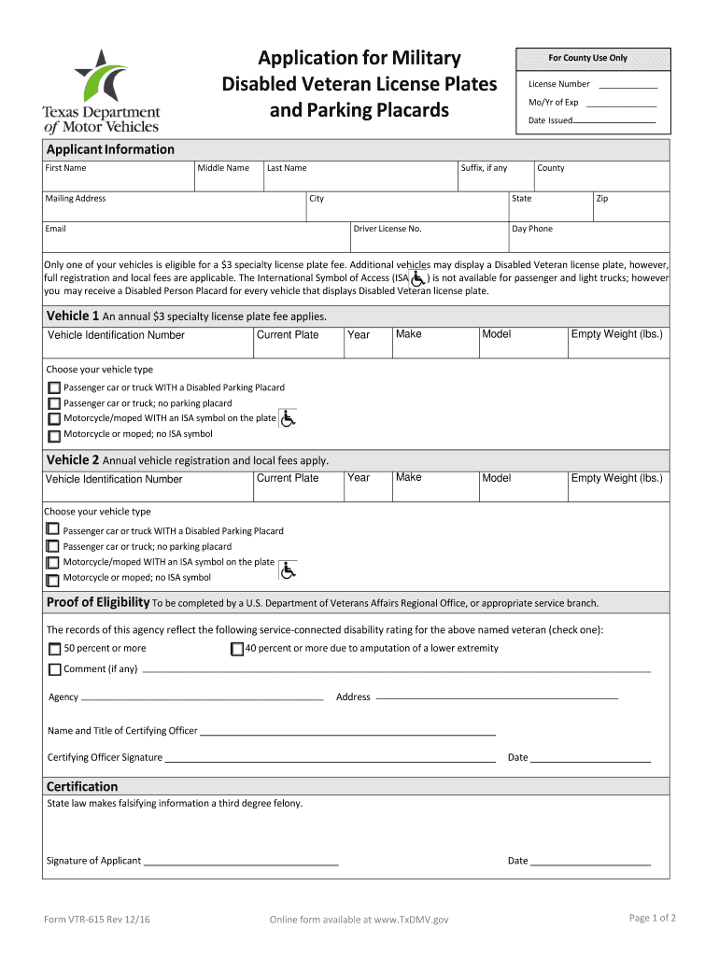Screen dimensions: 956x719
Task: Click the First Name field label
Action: click(x=65, y=168)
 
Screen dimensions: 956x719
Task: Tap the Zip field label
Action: click(x=602, y=198)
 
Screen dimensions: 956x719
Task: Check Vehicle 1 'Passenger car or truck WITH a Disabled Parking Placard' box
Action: click(x=54, y=388)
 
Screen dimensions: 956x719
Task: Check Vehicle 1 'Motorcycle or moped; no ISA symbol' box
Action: click(x=54, y=435)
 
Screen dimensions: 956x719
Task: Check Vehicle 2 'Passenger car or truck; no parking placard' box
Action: click(x=53, y=547)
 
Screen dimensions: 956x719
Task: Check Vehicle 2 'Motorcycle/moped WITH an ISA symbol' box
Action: click(x=53, y=563)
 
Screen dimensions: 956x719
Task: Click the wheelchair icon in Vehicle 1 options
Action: click(x=288, y=419)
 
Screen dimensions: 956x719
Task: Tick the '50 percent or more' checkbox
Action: click(x=54, y=649)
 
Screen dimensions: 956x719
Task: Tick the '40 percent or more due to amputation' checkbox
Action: click(x=236, y=649)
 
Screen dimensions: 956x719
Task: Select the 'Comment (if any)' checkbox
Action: click(x=54, y=669)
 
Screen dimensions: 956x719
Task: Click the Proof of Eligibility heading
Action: click(x=98, y=602)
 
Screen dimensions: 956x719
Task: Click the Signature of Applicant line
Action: click(x=240, y=864)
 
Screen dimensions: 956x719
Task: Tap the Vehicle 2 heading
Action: click(x=73, y=460)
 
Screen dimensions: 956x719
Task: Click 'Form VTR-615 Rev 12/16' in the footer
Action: click(x=97, y=921)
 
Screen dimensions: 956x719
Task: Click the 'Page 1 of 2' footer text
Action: click(x=653, y=919)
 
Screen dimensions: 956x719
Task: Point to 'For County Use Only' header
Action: click(x=587, y=58)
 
